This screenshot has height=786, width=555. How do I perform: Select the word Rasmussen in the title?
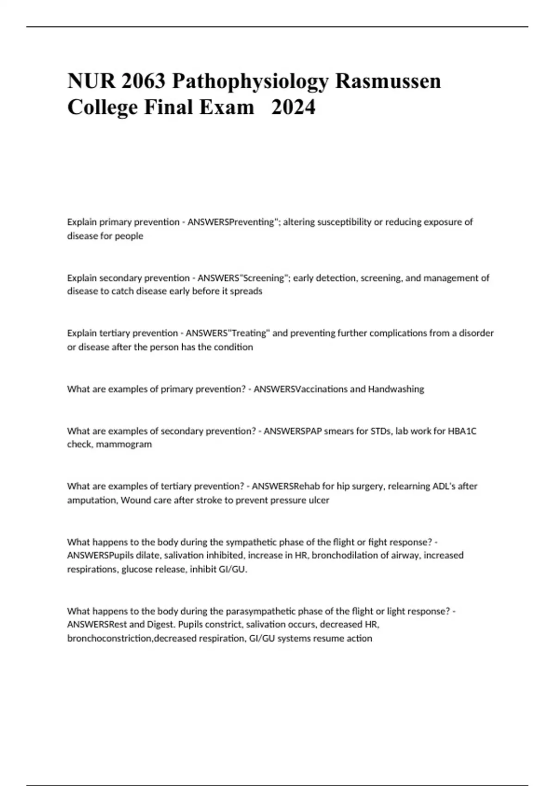(388, 81)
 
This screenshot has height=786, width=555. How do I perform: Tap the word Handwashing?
(396, 389)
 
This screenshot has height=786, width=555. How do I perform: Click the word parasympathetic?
(260, 611)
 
